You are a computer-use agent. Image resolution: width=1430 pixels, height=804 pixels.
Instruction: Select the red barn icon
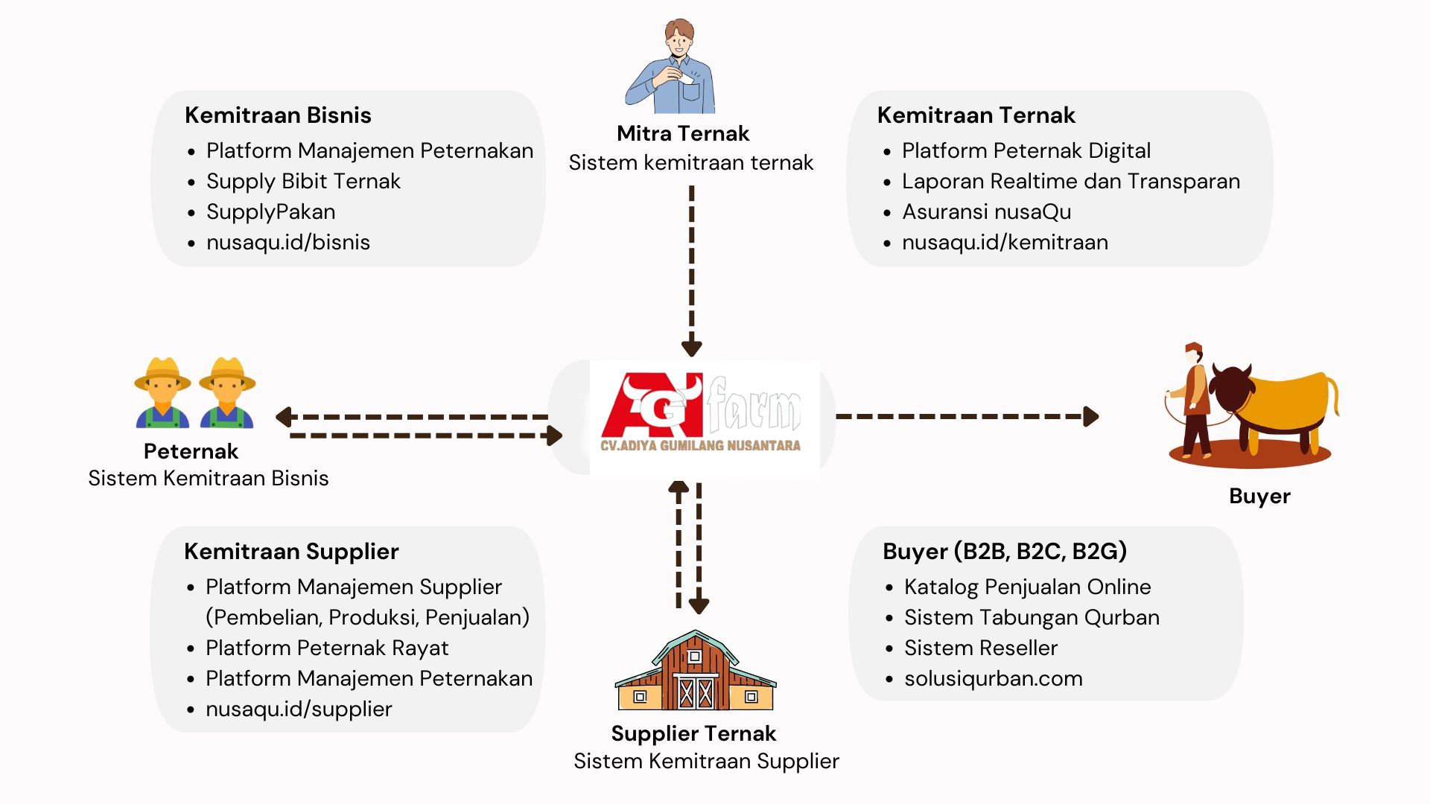click(x=696, y=671)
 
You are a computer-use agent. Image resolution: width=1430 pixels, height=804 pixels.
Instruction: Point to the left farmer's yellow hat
click(x=162, y=374)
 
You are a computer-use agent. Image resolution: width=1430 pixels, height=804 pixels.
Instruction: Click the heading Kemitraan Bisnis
click(x=278, y=115)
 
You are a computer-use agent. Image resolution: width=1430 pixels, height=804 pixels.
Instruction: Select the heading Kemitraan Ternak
click(x=976, y=115)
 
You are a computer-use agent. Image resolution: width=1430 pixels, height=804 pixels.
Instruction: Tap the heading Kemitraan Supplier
click(x=291, y=552)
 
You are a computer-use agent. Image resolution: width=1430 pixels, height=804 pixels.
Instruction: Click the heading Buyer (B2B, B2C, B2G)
click(x=1005, y=552)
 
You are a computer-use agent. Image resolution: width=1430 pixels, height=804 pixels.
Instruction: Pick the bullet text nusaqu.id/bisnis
click(x=288, y=243)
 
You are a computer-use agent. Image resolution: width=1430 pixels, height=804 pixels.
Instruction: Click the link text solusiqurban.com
click(x=994, y=679)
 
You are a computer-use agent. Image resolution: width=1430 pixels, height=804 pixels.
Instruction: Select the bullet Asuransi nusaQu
click(x=987, y=212)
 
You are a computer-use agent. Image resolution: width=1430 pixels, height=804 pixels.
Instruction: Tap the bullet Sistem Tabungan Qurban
click(x=1032, y=618)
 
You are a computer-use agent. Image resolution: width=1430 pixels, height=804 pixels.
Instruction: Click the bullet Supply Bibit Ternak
click(x=303, y=182)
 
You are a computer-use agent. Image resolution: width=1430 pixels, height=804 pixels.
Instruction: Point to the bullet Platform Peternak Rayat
click(x=327, y=648)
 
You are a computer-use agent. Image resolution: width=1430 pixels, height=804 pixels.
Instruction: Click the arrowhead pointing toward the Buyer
click(x=1091, y=416)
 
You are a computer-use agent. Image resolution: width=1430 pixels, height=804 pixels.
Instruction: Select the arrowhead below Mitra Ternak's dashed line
click(x=692, y=348)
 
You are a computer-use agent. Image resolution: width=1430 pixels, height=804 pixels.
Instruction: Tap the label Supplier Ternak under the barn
click(x=693, y=734)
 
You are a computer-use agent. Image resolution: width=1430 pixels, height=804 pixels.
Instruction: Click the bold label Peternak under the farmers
click(x=191, y=451)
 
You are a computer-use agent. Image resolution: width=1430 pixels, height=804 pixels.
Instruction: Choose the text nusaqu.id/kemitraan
click(x=1005, y=243)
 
